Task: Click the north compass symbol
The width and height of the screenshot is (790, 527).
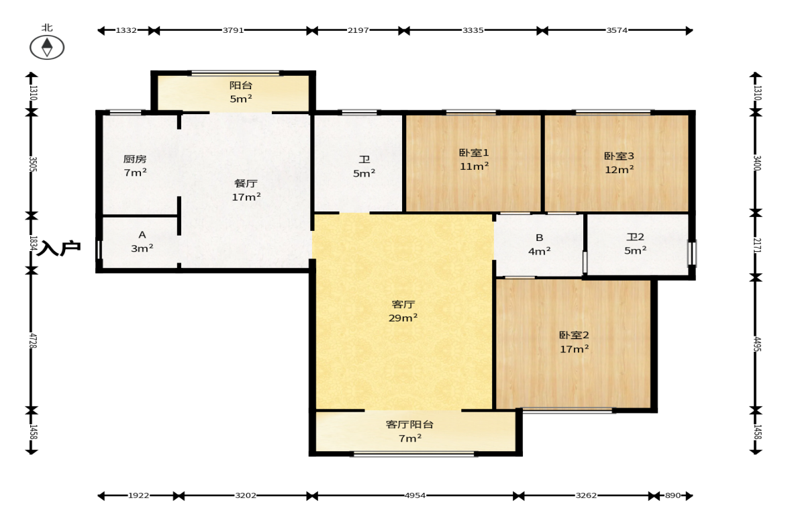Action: point(47,48)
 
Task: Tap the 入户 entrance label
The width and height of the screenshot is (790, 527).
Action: point(60,248)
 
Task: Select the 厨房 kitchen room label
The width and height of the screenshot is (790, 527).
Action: point(135,159)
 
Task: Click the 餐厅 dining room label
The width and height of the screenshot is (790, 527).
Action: point(246,183)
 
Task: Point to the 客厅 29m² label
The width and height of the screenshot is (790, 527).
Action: point(403,311)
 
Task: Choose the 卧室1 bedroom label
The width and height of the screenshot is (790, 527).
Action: point(474,152)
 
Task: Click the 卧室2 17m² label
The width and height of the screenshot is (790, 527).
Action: point(575,342)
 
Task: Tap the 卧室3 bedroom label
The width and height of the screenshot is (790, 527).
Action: point(620,156)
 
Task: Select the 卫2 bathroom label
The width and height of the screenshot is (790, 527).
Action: point(636,237)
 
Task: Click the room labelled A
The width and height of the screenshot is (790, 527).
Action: point(142,235)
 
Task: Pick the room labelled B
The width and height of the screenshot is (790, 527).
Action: point(539,237)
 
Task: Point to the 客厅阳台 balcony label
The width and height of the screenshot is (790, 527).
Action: point(409,424)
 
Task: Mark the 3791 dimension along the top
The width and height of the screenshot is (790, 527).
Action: point(234,30)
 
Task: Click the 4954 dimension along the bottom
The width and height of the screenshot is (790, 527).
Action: point(415,495)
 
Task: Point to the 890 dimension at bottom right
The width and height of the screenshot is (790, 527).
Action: point(673,495)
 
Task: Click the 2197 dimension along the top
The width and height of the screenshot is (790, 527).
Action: point(358,30)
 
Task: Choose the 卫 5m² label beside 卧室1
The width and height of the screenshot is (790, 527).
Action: point(364,166)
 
